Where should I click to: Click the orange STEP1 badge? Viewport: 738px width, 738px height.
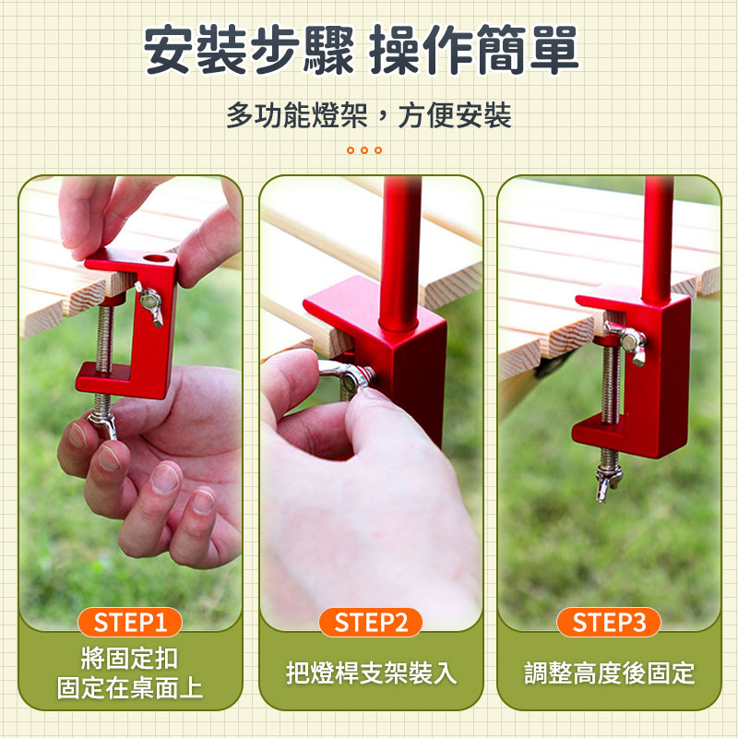tap(130, 622)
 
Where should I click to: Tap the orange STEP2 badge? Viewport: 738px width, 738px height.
tap(371, 622)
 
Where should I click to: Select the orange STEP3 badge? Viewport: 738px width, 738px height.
tap(609, 622)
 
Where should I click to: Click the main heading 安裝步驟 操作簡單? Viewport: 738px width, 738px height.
tap(361, 50)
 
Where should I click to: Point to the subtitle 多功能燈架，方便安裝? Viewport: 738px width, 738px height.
tap(368, 115)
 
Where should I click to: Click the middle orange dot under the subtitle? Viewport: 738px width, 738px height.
tap(363, 150)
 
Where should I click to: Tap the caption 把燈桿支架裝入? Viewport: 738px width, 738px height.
tap(371, 673)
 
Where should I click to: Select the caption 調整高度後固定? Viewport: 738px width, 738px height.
tap(610, 673)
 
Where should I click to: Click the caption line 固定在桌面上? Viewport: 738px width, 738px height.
tap(130, 687)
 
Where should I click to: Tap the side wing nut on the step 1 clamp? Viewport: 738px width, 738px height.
tap(149, 303)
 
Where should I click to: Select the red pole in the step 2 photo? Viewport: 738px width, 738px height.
tap(400, 255)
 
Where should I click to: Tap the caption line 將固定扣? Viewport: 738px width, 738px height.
tap(130, 658)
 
